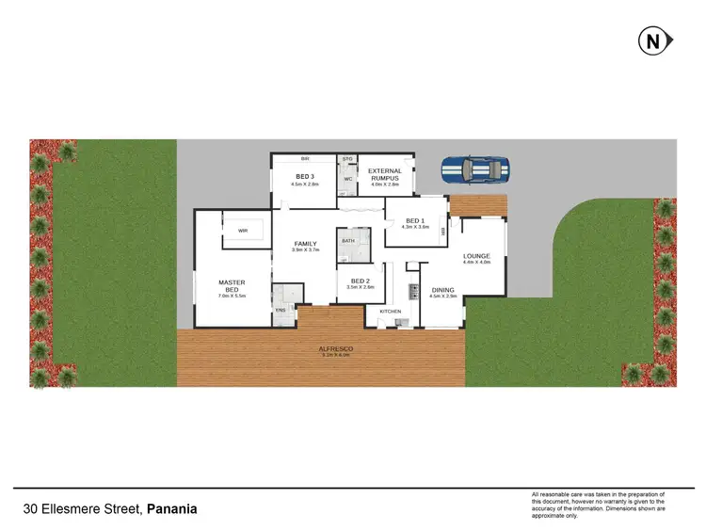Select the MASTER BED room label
(x=232, y=285)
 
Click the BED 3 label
(x=304, y=177)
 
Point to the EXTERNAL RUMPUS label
(x=384, y=174)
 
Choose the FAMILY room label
(x=305, y=244)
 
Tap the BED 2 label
(x=361, y=281)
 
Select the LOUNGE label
(x=477, y=256)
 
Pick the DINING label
(x=442, y=290)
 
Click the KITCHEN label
(x=391, y=311)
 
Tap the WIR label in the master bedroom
(x=243, y=230)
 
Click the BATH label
(x=348, y=241)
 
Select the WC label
(x=347, y=179)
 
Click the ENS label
(x=280, y=310)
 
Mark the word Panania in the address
(x=172, y=509)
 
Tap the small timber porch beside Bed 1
(x=478, y=205)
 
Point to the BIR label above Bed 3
(x=305, y=159)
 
